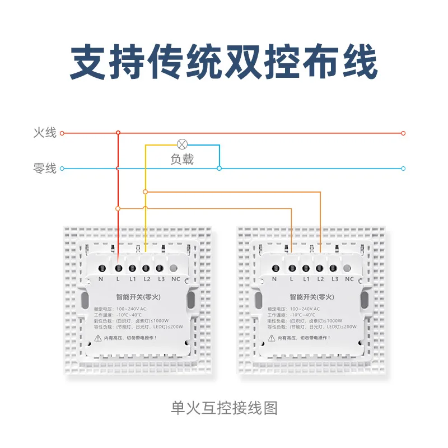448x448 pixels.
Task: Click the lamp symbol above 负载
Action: click(181, 144)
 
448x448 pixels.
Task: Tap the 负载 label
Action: click(182, 160)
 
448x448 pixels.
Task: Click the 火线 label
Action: click(45, 133)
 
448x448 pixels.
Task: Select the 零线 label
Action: click(45, 168)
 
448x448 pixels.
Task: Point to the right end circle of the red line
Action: click(403, 133)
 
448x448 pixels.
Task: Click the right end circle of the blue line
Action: click(403, 168)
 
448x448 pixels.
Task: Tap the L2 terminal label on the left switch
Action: click(147, 279)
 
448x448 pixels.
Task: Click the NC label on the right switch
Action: click(349, 279)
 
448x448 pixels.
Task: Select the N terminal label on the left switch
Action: click(101, 279)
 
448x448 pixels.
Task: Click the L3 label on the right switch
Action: click(335, 279)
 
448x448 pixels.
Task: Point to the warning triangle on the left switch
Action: click(99, 338)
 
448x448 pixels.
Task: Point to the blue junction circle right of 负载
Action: click(220, 167)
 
